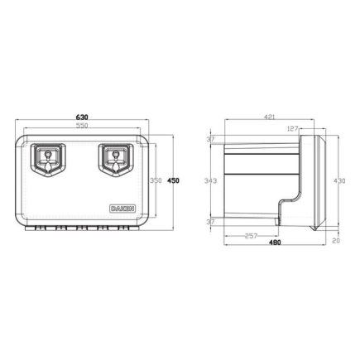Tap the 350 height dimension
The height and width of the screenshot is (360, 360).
coord(155,181)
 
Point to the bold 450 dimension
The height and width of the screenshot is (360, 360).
coord(172,180)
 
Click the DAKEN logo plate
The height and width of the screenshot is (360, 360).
coord(120,208)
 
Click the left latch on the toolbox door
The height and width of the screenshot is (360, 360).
coord(49,158)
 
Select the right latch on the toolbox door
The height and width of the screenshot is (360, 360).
coord(113,158)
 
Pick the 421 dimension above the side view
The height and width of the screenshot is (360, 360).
coord(269,118)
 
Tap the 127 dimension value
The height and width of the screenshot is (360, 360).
coord(293,128)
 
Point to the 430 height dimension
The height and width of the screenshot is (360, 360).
coord(338,181)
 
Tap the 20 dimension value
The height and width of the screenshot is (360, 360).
coord(337,242)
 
